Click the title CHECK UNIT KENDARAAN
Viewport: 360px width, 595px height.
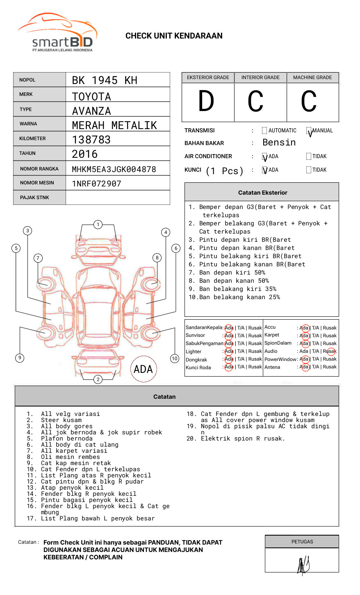[174, 36]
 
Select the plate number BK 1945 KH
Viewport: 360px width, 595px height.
[105, 80]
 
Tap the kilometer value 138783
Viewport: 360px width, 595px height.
[91, 140]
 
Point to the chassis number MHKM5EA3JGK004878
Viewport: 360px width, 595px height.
[114, 169]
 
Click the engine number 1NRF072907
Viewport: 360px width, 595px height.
[97, 184]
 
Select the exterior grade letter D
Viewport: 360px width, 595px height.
[206, 101]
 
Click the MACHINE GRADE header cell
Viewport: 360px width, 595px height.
[312, 77]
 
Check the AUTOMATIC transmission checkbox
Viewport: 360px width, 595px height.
[264, 131]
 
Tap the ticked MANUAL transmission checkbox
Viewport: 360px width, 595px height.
[309, 131]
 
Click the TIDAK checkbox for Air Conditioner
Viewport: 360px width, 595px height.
[309, 157]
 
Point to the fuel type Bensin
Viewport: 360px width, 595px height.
[279, 143]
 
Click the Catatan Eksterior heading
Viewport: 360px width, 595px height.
[262, 193]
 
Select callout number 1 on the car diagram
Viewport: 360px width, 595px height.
[98, 225]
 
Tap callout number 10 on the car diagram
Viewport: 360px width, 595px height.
[175, 359]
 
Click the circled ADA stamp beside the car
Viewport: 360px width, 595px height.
[143, 369]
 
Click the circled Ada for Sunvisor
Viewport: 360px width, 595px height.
[229, 336]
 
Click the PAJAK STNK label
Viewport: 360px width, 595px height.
[34, 198]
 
